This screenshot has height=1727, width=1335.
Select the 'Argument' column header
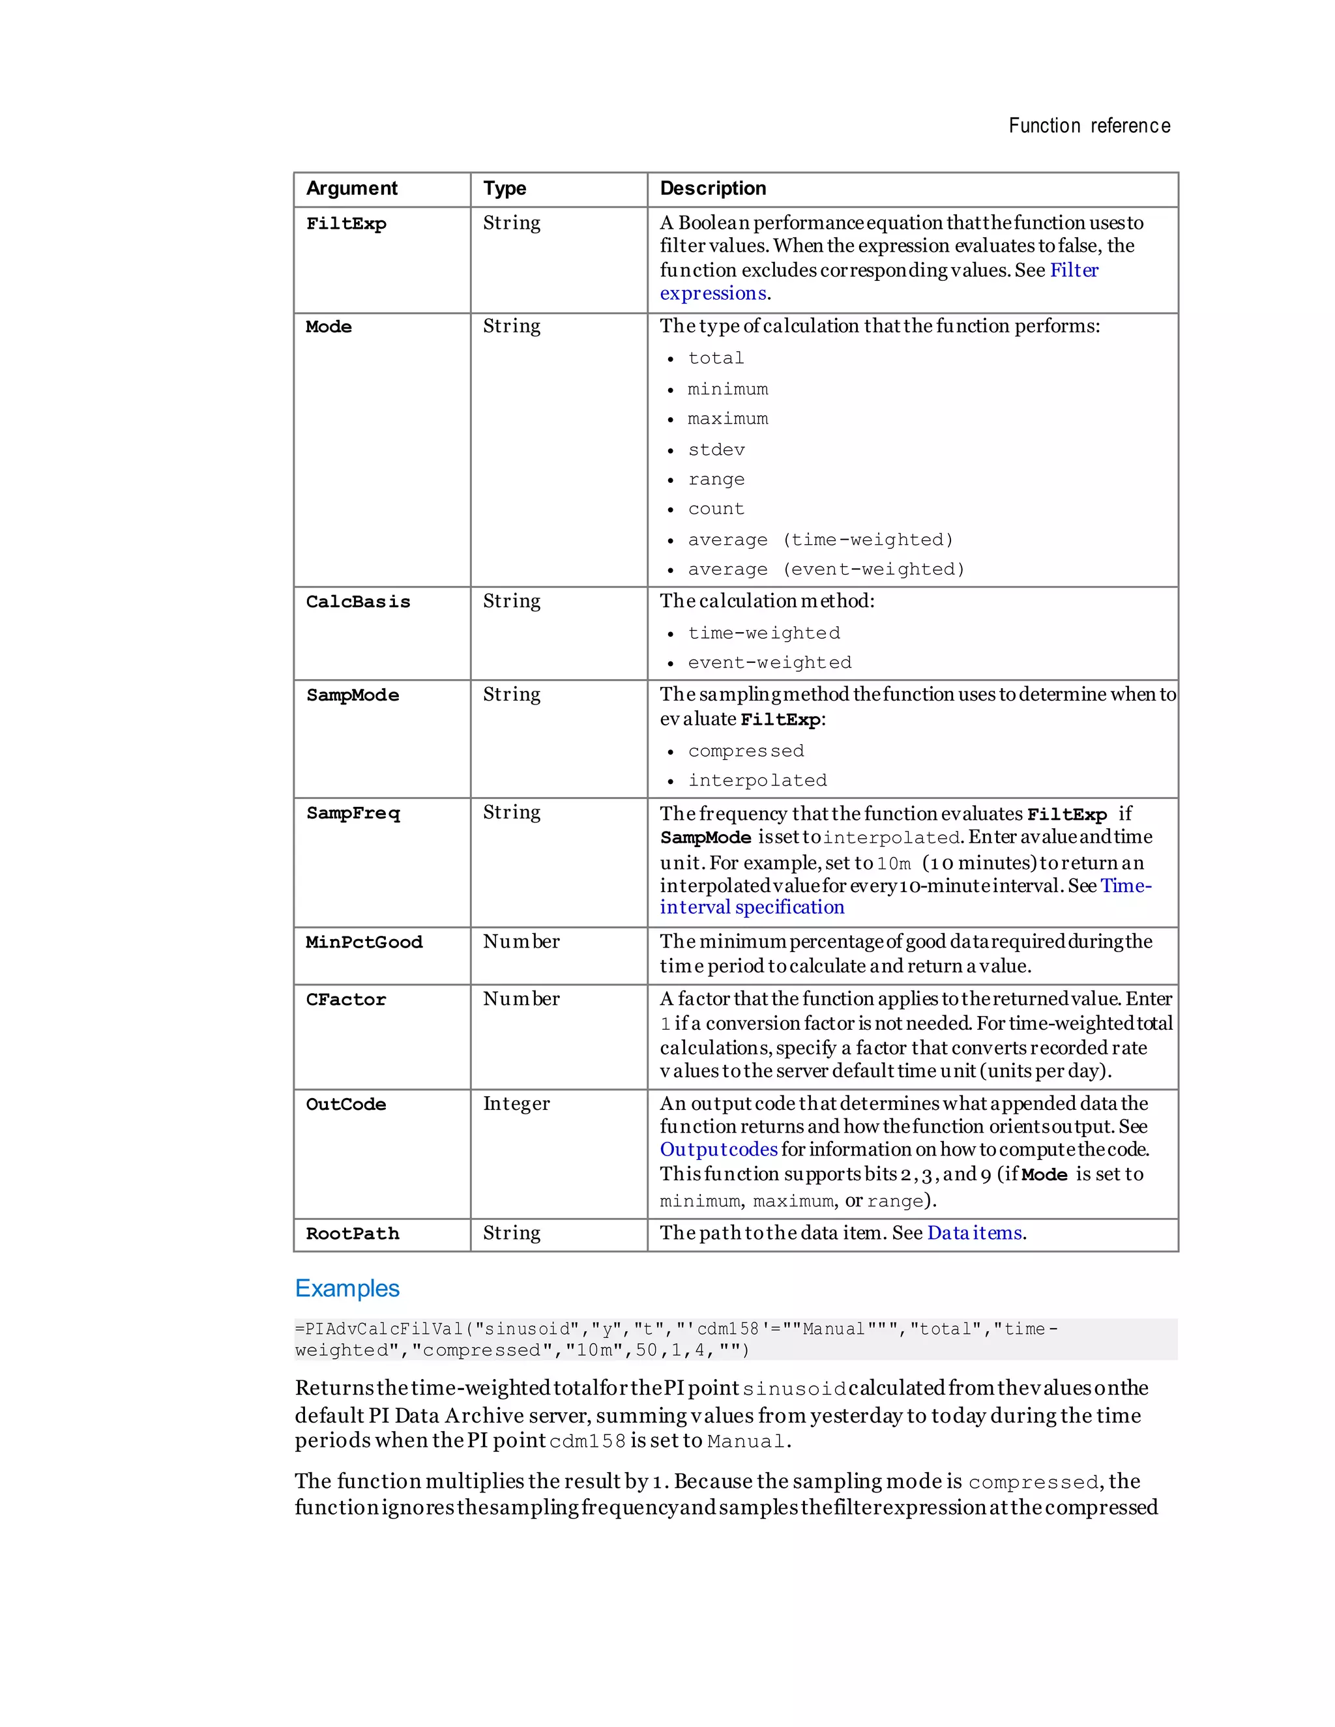(x=351, y=188)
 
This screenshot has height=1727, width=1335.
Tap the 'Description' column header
(x=712, y=188)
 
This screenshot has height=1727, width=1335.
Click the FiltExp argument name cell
(x=345, y=224)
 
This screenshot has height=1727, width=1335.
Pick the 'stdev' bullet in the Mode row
(x=716, y=450)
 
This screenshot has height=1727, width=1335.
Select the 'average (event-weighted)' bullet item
(x=826, y=570)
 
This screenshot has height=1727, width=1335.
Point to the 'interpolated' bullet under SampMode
(x=757, y=781)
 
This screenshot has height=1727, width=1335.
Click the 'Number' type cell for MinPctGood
(x=521, y=942)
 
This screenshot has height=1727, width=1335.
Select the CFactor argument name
(x=345, y=1000)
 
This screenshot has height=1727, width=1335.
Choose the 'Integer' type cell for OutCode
(x=516, y=1104)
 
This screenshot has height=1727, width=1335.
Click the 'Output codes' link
(x=718, y=1150)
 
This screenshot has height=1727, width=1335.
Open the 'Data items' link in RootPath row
(x=975, y=1233)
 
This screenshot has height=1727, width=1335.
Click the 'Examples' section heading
(x=347, y=1288)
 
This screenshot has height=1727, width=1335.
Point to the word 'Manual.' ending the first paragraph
(x=748, y=1442)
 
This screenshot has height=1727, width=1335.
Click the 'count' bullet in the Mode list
(x=716, y=509)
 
